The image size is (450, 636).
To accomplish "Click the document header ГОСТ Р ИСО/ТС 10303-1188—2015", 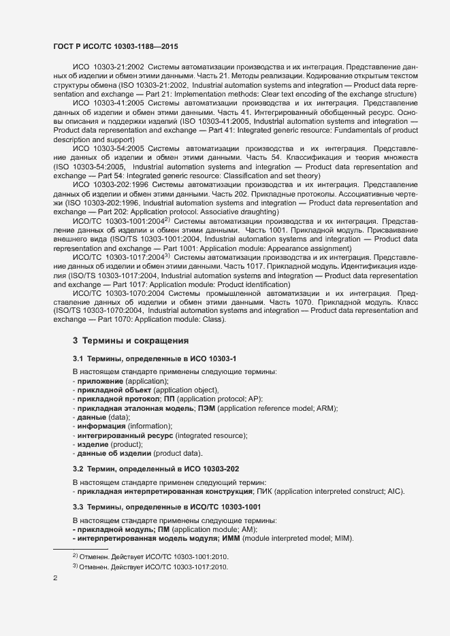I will (116, 46).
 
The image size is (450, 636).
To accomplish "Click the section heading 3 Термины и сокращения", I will (130, 340).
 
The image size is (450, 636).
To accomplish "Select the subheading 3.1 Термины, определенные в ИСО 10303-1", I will (155, 358).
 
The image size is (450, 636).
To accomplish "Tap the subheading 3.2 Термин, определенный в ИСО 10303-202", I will (156, 469).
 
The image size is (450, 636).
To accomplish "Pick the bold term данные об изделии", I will (114, 454).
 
